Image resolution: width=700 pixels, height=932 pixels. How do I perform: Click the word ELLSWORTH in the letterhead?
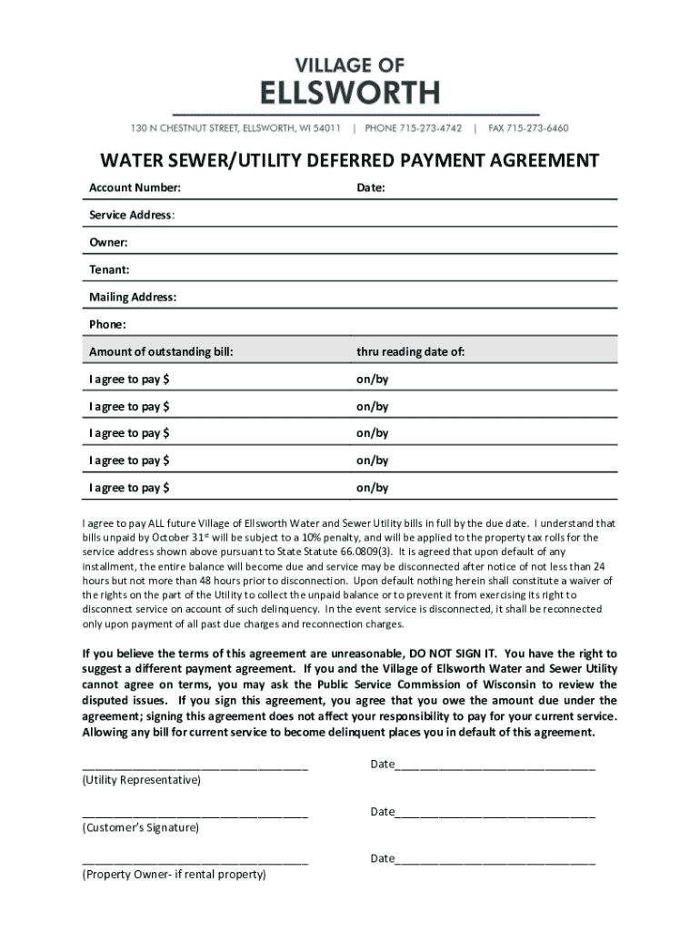351,93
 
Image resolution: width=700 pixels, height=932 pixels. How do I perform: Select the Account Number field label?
135,188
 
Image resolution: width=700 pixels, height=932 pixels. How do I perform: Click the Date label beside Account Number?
371,188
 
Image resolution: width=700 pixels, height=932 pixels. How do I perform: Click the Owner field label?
108,242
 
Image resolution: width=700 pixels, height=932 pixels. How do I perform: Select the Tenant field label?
109,269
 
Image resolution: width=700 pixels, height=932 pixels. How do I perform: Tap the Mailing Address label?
133,297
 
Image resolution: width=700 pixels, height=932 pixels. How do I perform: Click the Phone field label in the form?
107,324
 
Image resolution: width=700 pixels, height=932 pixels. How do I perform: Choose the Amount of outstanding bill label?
161,351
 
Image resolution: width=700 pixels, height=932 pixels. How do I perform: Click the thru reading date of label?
410,351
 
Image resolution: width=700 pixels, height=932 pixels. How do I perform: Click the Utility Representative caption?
142,781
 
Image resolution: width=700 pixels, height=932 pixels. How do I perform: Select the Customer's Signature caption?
140,827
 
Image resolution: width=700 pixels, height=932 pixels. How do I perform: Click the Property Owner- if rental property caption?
174,875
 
